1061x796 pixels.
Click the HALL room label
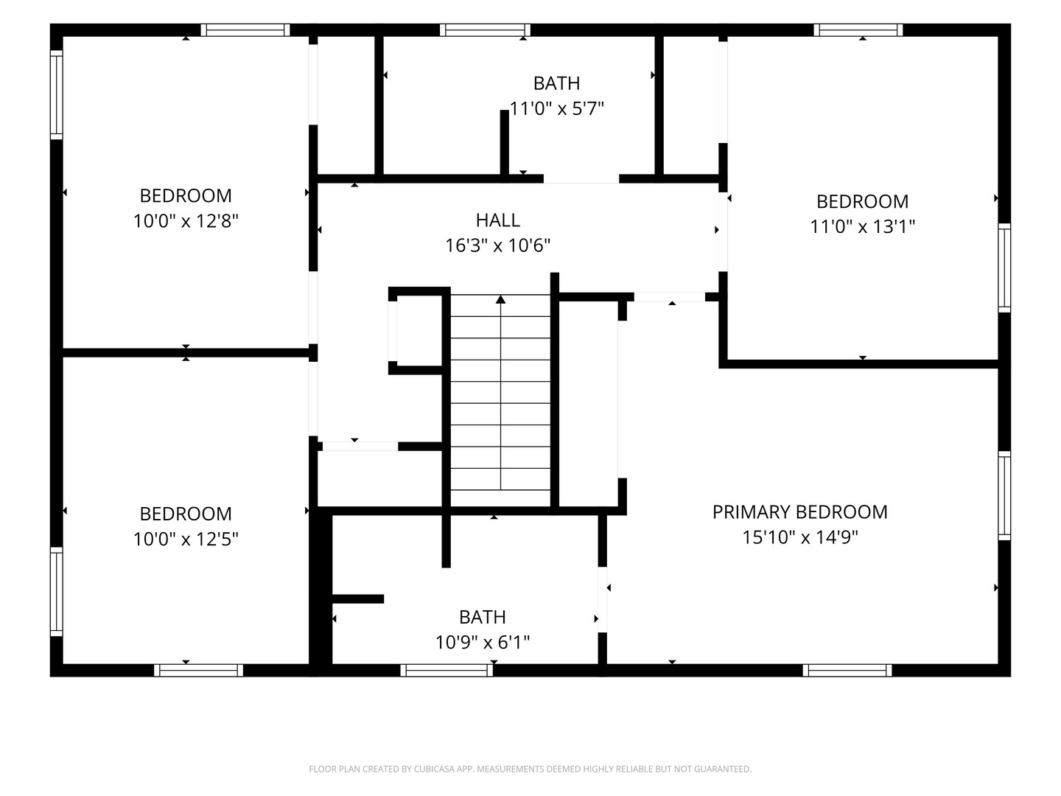[497, 220]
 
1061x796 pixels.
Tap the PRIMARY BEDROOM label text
[799, 512]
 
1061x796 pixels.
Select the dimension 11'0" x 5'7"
[556, 109]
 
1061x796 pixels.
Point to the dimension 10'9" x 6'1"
[483, 642]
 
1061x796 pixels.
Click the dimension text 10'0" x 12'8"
[186, 221]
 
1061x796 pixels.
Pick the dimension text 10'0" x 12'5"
[186, 539]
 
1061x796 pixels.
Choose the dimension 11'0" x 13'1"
[862, 227]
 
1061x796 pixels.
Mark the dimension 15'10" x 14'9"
[799, 537]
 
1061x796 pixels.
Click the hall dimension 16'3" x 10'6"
[497, 245]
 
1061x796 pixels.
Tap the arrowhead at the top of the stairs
[500, 300]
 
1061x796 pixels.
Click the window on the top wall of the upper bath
[485, 30]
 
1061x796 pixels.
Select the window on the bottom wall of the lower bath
[447, 671]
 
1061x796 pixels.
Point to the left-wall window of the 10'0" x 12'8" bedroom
[57, 95]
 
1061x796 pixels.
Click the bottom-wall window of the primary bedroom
[847, 671]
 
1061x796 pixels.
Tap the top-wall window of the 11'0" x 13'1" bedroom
[858, 30]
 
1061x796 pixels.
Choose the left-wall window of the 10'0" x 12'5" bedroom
[57, 592]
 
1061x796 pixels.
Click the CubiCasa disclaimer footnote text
[530, 769]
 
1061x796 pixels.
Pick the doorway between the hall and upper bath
[581, 179]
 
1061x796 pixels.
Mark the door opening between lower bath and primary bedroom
[602, 599]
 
